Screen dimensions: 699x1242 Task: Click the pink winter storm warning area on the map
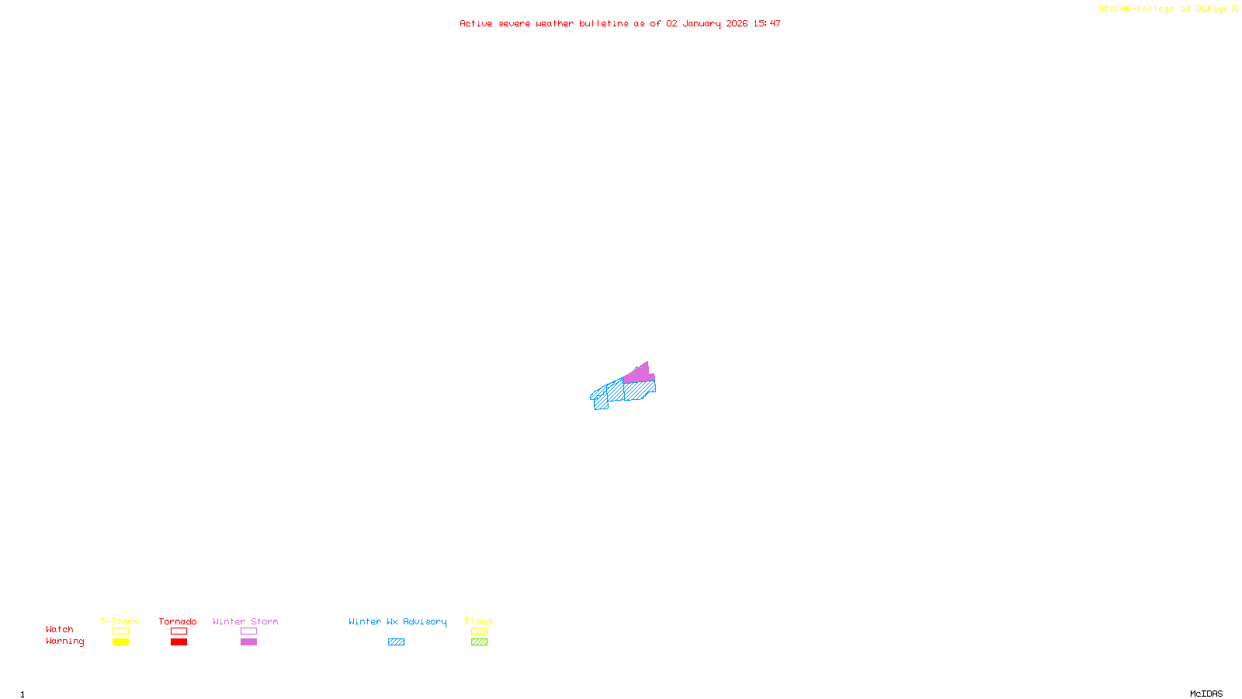[637, 374]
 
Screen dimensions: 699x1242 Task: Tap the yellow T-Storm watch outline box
[120, 631]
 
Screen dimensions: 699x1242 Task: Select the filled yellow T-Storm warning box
[120, 642]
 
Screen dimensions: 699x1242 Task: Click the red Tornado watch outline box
[179, 631]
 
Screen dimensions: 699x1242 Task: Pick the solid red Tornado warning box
[179, 642]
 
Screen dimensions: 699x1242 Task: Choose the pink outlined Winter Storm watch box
[248, 631]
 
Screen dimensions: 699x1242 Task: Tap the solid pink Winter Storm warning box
[248, 642]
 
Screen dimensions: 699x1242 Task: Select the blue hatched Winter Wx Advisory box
[396, 642]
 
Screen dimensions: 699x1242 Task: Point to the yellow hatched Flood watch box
[479, 631]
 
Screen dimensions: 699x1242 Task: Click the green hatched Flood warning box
[479, 642]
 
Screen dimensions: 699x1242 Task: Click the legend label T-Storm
[120, 621]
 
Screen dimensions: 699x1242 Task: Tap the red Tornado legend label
[178, 621]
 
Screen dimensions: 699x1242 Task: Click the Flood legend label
[479, 621]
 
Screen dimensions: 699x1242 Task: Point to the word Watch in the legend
[60, 629]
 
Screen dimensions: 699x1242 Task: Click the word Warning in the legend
[65, 642]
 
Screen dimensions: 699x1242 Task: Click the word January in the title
[702, 23]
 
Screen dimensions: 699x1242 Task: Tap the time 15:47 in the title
[767, 23]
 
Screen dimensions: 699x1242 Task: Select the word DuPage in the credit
[1212, 9]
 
